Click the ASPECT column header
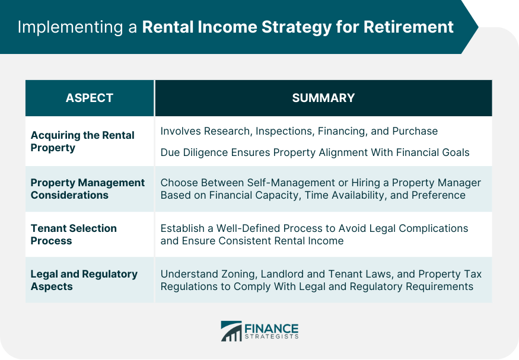(x=89, y=98)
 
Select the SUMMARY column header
(x=323, y=98)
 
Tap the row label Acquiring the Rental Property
(x=82, y=141)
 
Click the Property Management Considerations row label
(x=87, y=189)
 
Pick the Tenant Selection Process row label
(x=74, y=234)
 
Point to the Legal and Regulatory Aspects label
(x=84, y=280)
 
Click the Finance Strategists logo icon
(x=231, y=331)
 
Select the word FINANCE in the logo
(x=272, y=328)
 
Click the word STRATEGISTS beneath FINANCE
(x=272, y=337)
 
